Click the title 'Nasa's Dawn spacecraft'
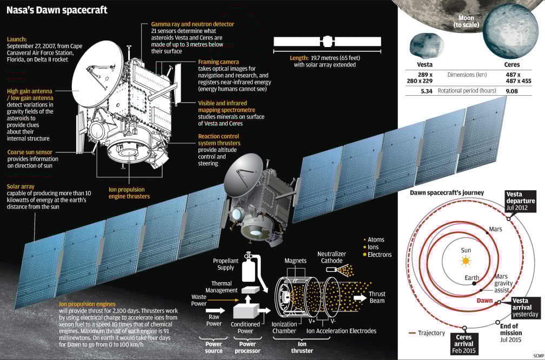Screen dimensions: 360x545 tap(57, 10)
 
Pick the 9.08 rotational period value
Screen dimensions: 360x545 tap(511, 91)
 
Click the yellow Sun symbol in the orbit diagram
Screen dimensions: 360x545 tap(466, 261)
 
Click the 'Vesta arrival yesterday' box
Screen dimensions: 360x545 tap(524, 308)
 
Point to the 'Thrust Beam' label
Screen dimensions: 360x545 tap(377, 297)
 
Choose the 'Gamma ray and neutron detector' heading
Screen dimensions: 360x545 tap(188, 24)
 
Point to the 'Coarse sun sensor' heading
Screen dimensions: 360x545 tap(31, 152)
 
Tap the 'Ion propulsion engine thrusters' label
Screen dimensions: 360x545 tap(129, 193)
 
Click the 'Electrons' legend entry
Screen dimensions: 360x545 tap(379, 255)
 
